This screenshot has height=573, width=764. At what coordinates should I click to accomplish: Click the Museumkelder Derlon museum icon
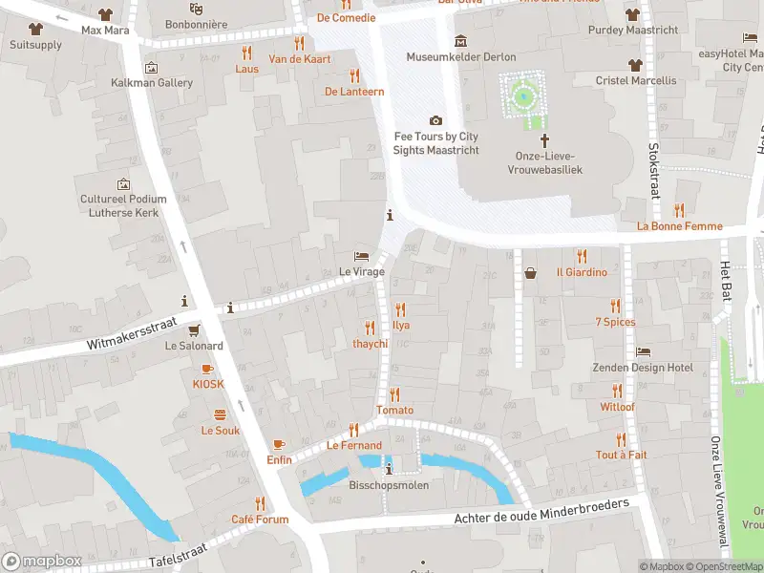point(461,40)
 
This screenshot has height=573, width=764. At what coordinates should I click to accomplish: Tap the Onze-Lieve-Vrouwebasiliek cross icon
point(545,139)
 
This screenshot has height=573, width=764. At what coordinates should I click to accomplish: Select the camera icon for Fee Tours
point(436,120)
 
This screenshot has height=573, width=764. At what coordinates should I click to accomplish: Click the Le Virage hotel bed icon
point(361,256)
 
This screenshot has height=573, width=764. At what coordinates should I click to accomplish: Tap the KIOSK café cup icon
point(207,369)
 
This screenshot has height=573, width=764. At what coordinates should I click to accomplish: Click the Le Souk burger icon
point(220,414)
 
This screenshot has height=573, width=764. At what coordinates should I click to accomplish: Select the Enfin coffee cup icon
point(279,444)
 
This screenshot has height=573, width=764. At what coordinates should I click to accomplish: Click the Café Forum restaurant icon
point(259,503)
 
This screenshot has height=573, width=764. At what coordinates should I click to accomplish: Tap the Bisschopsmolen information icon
point(388,469)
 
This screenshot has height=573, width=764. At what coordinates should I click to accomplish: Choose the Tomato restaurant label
point(394,411)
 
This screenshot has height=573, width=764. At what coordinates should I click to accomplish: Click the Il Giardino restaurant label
point(582,272)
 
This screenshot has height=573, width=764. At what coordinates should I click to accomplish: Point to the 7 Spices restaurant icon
point(615,307)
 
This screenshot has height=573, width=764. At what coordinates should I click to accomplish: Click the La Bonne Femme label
point(679,226)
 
